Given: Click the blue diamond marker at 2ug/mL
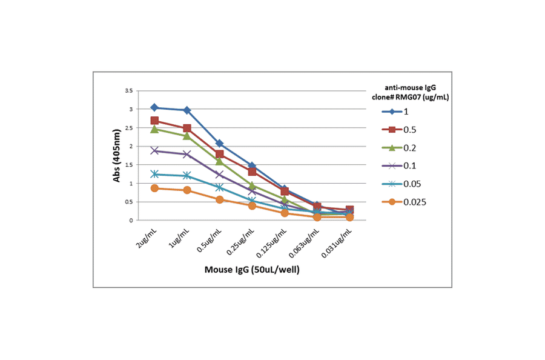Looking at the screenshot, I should coord(154,108).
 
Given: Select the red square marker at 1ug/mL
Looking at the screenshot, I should coord(187,128).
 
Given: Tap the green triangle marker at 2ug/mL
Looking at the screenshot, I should coord(154,129).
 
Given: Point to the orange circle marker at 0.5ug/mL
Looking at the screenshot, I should coord(220,199).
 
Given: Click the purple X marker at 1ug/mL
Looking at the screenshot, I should coord(187,154).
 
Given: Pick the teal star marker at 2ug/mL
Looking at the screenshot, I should coord(154,174).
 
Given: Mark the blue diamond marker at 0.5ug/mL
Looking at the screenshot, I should coord(220,144).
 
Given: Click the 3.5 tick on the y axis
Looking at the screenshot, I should coord(128,91).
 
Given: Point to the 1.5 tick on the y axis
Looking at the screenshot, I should coord(128,165).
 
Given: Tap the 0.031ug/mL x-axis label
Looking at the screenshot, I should coord(339,242).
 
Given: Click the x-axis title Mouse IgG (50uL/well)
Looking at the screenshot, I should coord(251,270).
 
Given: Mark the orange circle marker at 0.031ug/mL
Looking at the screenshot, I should coord(350,217).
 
